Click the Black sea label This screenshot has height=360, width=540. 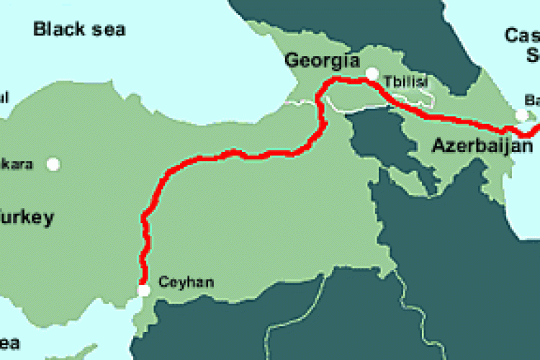click(79, 30)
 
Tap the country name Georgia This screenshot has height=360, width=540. click(322, 60)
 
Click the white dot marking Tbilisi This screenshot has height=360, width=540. click(372, 73)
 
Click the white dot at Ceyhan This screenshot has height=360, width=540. click(144, 291)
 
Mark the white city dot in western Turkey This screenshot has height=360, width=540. click(53, 164)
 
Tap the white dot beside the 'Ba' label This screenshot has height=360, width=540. click(521, 115)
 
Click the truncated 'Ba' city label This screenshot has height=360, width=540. click(532, 100)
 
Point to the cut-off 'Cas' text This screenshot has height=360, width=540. click(522, 35)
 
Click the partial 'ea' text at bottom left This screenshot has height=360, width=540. click(10, 343)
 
